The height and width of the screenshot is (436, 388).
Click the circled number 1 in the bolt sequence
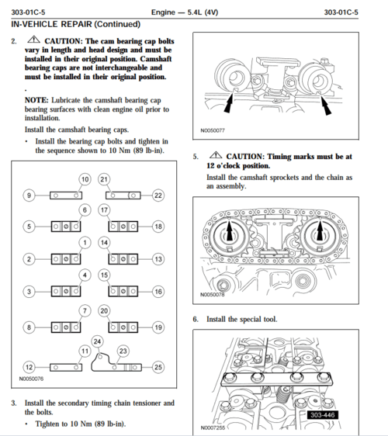(85, 243)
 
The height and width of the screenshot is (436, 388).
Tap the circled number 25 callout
(158, 367)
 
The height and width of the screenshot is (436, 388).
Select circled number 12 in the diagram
(29, 367)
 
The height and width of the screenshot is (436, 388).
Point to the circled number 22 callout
(158, 196)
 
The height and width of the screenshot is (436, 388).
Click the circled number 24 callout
(97, 341)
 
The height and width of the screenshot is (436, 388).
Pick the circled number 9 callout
(29, 196)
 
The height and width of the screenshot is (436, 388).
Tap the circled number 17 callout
(104, 210)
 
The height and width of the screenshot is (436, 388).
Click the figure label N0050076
(31, 379)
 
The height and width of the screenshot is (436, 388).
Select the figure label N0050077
(213, 130)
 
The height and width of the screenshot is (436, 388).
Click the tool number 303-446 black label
(322, 415)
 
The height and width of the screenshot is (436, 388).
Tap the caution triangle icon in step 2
(33, 40)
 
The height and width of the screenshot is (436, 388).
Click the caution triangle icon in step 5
(216, 155)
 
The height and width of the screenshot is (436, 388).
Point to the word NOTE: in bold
(36, 100)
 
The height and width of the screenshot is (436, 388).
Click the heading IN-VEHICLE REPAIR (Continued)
(75, 24)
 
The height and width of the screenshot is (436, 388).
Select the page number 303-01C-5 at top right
(341, 12)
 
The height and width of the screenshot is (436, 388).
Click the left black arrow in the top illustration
(229, 103)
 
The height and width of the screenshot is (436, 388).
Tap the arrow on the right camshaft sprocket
(320, 230)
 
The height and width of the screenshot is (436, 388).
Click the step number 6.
(196, 319)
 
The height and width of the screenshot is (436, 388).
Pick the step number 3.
(14, 403)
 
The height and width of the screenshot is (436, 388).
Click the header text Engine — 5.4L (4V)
(185, 12)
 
